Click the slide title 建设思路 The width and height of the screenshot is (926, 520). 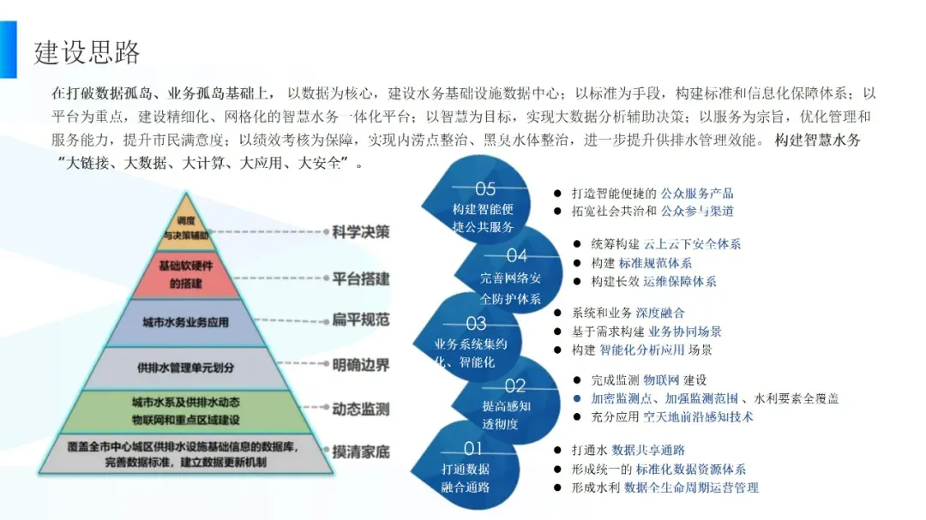tap(87, 51)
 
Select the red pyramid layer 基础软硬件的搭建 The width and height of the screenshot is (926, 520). tap(185, 275)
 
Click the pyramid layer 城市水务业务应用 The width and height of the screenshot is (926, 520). tap(185, 323)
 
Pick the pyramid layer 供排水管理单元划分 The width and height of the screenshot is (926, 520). tap(185, 368)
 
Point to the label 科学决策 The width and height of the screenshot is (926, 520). tap(361, 232)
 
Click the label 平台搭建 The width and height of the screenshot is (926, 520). tap(361, 278)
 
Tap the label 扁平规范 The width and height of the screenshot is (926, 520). tap(361, 320)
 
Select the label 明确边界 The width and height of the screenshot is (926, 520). tap(361, 366)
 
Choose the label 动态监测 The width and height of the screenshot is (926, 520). tap(361, 409)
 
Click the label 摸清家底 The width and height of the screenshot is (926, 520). tap(361, 451)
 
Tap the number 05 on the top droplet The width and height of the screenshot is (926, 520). tap(485, 188)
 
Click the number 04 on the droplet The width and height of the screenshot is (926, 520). tap(516, 255)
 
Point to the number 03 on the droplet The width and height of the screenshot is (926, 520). tap(476, 324)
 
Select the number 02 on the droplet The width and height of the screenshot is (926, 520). tap(514, 386)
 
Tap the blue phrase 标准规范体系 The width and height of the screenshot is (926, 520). tap(655, 263)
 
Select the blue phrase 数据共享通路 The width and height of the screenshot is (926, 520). tap(648, 450)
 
